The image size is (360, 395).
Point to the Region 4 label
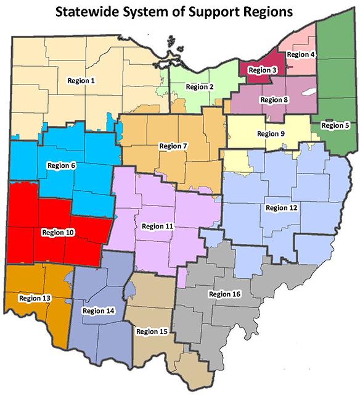(x=301, y=54)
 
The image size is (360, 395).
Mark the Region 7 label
(x=174, y=146)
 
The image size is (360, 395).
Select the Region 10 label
(x=58, y=232)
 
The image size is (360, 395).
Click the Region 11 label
(x=157, y=227)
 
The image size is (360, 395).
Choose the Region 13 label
(x=35, y=298)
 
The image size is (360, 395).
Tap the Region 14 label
(x=98, y=310)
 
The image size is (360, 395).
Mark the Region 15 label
(x=151, y=331)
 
